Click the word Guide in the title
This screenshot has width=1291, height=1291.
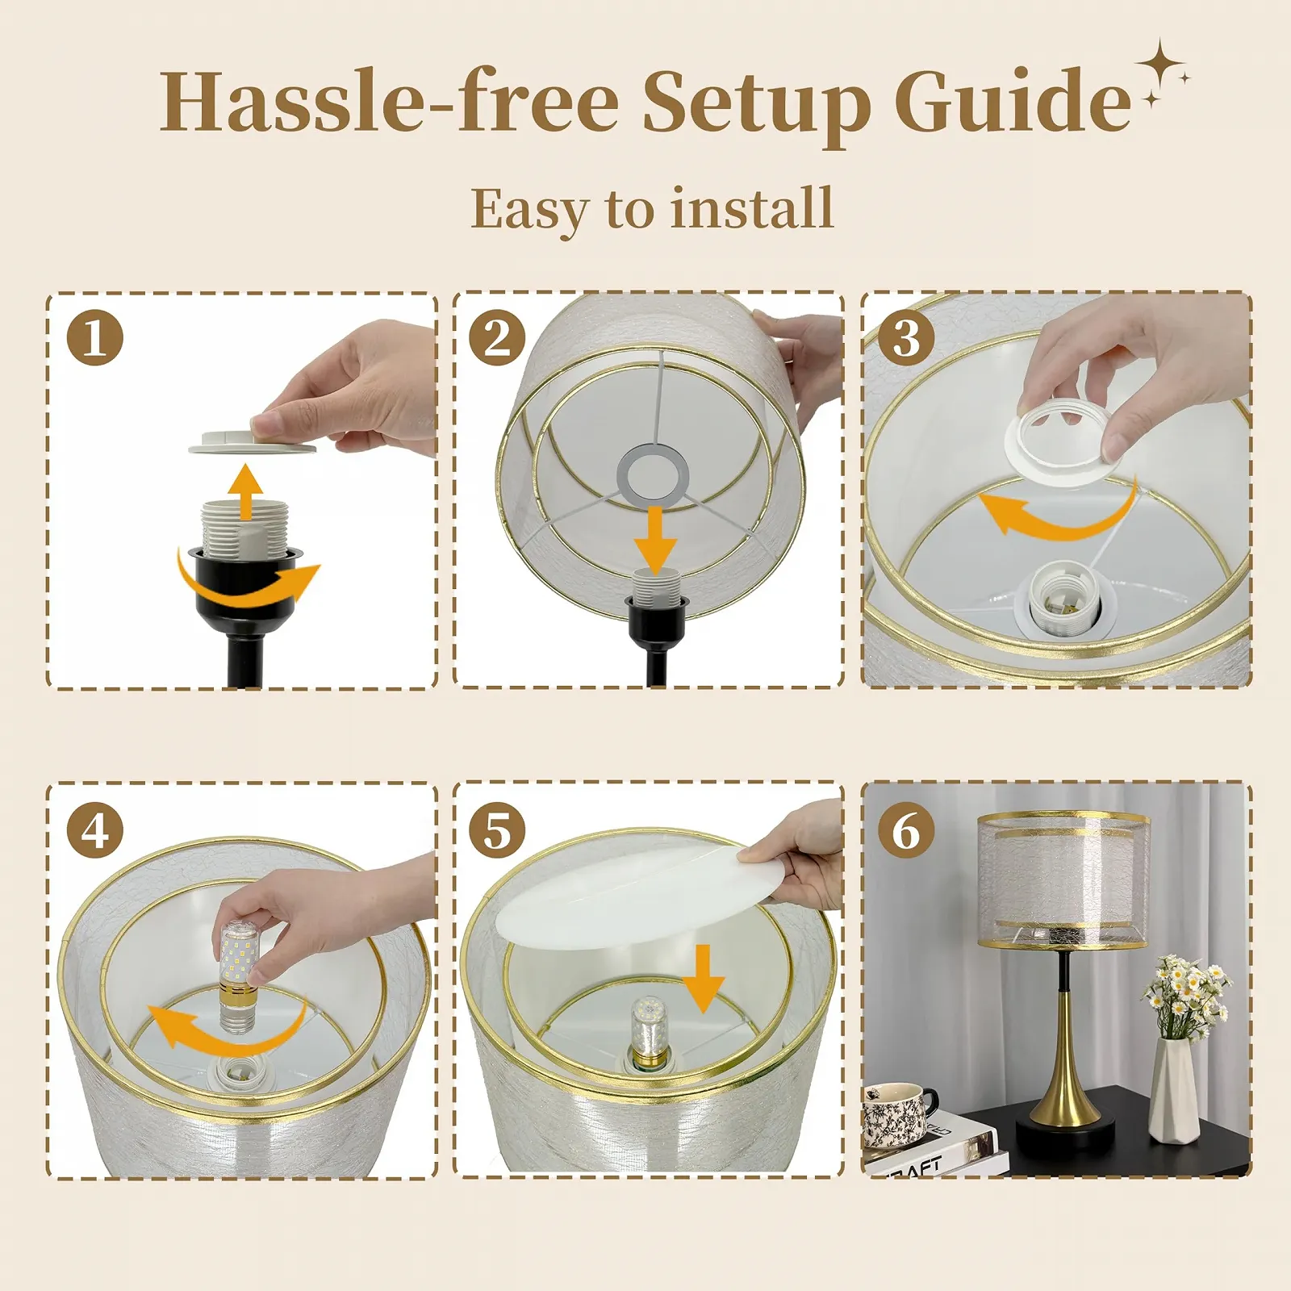[x=1013, y=102]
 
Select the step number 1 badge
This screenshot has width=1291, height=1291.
[x=95, y=337]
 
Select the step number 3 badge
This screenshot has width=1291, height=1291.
[x=906, y=337]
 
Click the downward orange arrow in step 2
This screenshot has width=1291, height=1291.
[x=654, y=539]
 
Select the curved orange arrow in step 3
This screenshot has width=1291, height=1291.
[x=1057, y=515]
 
